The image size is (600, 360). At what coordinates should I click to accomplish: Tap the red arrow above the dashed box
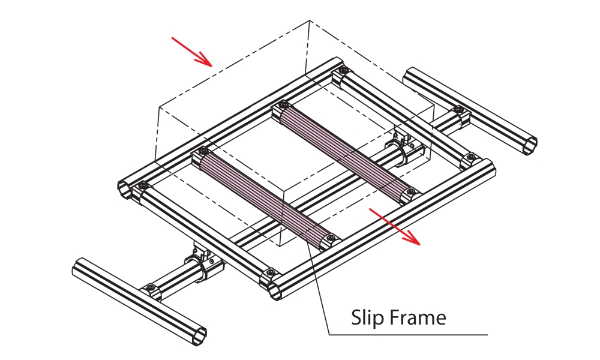(x=191, y=50)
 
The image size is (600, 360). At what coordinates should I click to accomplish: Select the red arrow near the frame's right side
(x=395, y=227)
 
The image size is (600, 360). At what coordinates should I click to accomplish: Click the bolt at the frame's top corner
(x=343, y=71)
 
